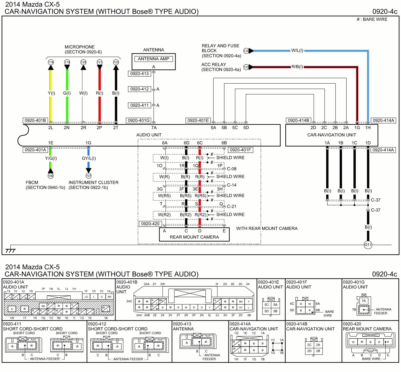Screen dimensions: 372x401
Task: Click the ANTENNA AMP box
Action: pos(153,59)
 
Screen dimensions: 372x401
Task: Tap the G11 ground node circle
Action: pos(368,245)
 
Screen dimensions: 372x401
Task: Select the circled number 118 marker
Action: pos(51,62)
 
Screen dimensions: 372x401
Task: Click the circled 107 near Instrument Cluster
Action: pos(89,176)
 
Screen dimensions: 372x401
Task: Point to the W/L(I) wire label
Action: pos(297,50)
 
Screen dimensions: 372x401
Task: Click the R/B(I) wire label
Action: pos(297,67)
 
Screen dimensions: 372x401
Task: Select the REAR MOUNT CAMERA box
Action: pos(194,235)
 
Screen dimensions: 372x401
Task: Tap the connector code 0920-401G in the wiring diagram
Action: pos(139,120)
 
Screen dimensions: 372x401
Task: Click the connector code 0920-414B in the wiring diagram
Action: pos(298,120)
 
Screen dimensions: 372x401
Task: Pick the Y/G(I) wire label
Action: pos(51,158)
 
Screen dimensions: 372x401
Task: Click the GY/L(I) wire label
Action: pos(89,158)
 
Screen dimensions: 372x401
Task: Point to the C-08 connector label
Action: pos(232,169)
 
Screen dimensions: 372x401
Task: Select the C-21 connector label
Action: pos(232,207)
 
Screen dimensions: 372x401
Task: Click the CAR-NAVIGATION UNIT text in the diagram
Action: pos(331,135)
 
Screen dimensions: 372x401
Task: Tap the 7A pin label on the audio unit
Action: pos(154,128)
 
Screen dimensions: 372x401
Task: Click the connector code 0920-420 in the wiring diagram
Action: pos(150,224)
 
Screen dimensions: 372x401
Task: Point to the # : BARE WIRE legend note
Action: pos(372,19)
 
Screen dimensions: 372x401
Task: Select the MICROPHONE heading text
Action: pos(80,47)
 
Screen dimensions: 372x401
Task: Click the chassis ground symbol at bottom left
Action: pos(10,250)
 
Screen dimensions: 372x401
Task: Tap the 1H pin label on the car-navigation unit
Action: pos(368,128)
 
